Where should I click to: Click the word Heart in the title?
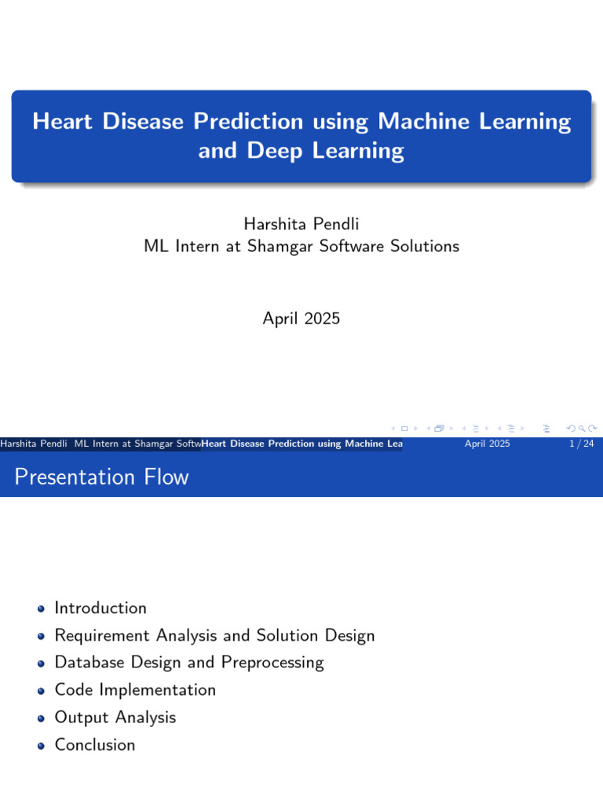click(61, 122)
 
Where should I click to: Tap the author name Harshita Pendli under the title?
click(301, 225)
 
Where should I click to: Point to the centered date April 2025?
click(301, 319)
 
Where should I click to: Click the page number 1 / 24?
click(580, 444)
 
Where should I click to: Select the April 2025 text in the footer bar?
click(487, 444)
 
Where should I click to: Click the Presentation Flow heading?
click(102, 477)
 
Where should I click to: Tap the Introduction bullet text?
click(100, 608)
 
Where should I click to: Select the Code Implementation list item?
click(135, 690)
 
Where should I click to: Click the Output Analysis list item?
click(115, 718)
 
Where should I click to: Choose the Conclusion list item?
click(95, 745)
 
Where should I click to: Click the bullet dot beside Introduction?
click(41, 609)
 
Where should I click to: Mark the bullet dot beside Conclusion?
click(41, 746)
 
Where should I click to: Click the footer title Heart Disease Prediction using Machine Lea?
click(302, 444)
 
